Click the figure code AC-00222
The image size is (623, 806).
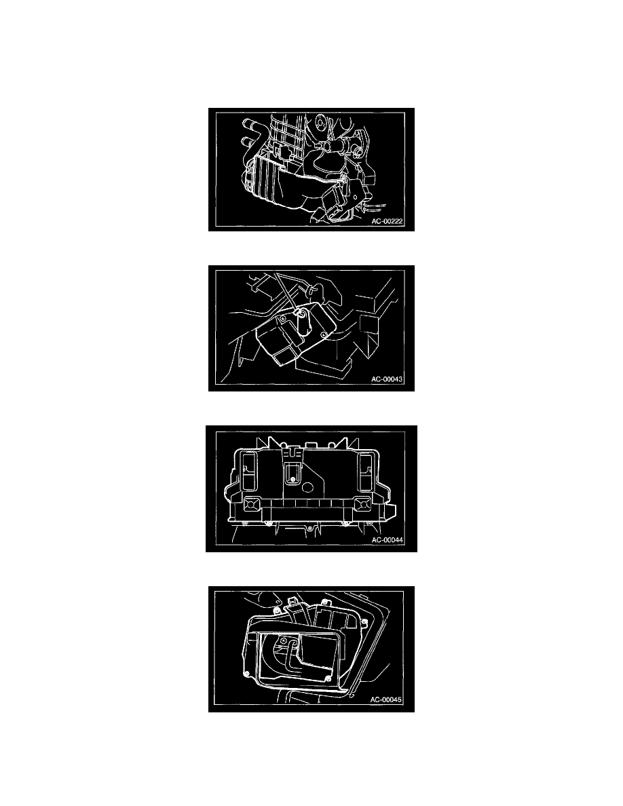(x=387, y=222)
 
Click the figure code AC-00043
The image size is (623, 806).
(x=387, y=379)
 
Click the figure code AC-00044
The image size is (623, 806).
(x=388, y=540)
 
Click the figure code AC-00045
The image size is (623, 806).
(x=386, y=699)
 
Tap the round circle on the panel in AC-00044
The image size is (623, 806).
(x=310, y=486)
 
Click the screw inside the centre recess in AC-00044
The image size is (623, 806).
(x=292, y=480)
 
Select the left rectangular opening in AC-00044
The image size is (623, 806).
(x=250, y=472)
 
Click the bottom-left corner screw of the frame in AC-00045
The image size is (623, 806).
(x=248, y=674)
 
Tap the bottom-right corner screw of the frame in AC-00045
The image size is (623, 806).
(x=328, y=678)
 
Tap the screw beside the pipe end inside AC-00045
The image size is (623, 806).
(x=283, y=640)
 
